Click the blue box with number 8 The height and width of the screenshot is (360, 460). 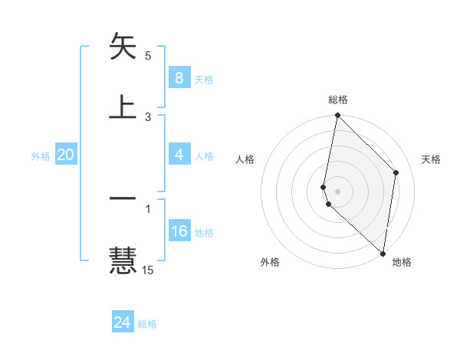(x=179, y=78)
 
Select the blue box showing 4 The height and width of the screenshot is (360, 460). (x=179, y=155)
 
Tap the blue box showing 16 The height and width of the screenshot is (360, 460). (x=179, y=231)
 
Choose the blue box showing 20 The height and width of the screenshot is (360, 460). (x=65, y=155)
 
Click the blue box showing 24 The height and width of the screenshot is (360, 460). (x=123, y=322)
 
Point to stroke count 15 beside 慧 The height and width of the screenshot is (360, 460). (x=148, y=270)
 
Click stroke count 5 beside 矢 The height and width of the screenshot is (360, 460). (x=148, y=56)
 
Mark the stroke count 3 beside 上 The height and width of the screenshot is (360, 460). (x=148, y=116)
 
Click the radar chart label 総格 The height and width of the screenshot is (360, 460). (x=337, y=100)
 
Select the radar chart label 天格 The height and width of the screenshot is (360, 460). (x=431, y=159)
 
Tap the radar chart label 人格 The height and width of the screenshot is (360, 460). (x=245, y=159)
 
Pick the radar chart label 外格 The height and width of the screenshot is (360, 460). (x=270, y=262)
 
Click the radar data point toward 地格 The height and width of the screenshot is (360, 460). (x=383, y=254)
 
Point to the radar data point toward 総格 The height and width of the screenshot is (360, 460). (x=337, y=116)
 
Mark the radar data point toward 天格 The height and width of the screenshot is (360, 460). (x=396, y=172)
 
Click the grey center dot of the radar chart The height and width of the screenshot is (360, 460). (x=337, y=191)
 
